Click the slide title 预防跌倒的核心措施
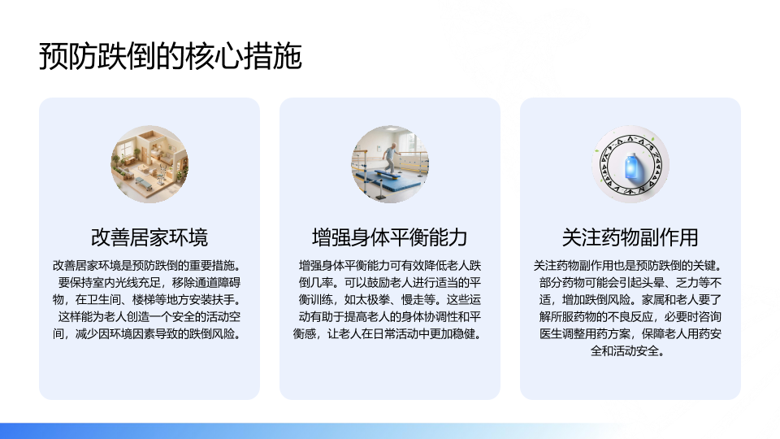pos(170,56)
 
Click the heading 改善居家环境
pos(149,237)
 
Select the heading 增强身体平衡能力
pos(389,237)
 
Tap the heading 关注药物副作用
pos(630,237)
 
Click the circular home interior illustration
pos(149,164)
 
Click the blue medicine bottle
pos(630,166)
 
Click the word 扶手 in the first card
pos(223,300)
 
